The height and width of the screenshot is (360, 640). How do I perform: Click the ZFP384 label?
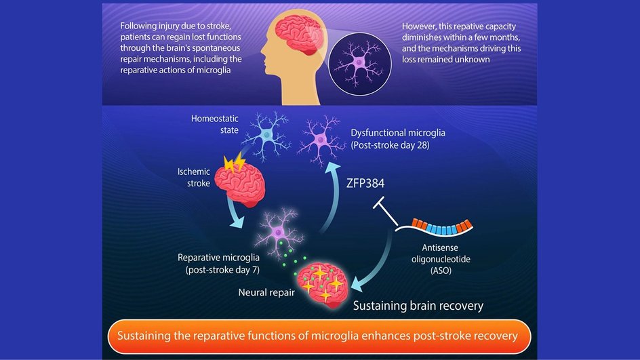[365, 184]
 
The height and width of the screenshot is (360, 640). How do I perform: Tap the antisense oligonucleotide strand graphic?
[435, 228]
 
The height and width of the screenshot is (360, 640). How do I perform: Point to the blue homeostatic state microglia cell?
[266, 135]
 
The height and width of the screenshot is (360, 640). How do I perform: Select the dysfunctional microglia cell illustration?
[321, 140]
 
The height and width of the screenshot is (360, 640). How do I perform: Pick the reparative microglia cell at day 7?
[279, 233]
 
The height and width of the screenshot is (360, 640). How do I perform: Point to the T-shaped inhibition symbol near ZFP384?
[385, 211]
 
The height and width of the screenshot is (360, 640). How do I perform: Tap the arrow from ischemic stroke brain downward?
[235, 212]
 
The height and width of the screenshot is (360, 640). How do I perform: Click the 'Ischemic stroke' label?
[194, 178]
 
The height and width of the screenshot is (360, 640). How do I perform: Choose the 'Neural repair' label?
[266, 293]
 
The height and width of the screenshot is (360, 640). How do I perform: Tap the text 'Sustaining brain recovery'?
[418, 306]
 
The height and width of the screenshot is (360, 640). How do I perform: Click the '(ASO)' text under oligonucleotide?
[441, 271]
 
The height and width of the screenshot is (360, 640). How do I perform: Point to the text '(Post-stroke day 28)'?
[391, 145]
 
